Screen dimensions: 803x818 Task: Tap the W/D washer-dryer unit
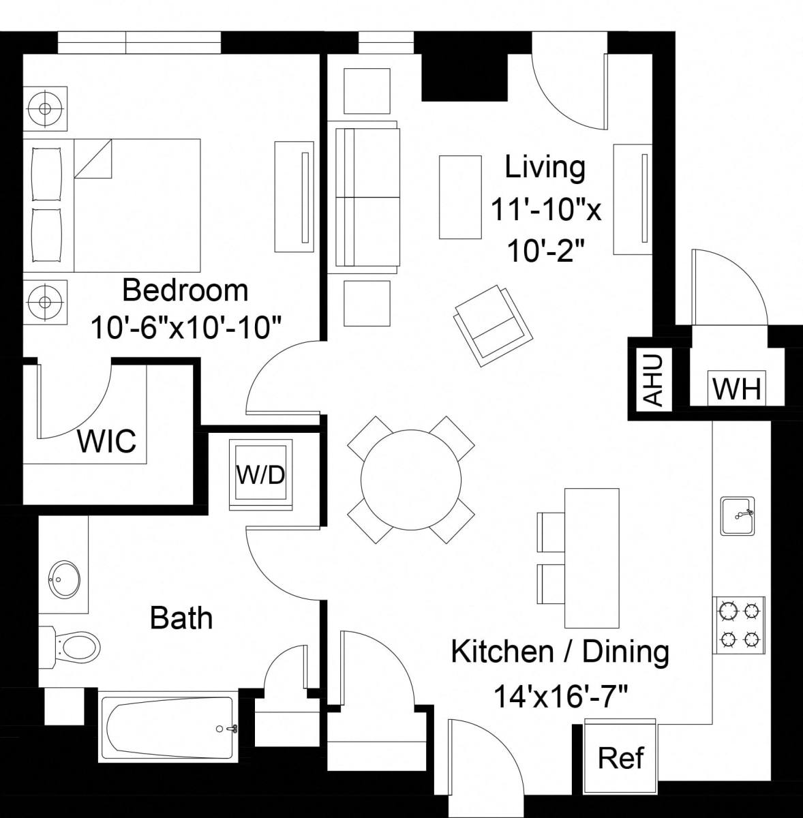click(x=260, y=474)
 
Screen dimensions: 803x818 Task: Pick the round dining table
click(x=411, y=480)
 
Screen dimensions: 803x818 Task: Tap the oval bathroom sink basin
click(x=64, y=579)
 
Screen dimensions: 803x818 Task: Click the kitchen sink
click(x=738, y=515)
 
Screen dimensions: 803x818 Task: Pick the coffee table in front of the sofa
click(x=460, y=197)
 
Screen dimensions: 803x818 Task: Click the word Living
click(x=545, y=168)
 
